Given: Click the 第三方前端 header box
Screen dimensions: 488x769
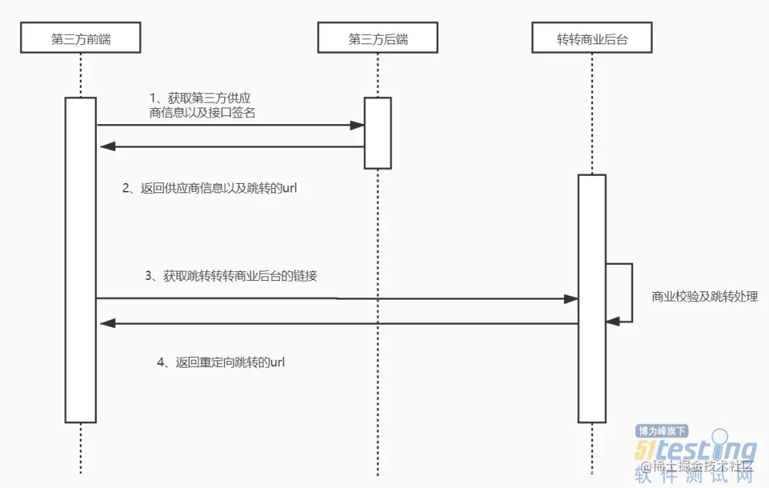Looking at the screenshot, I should pyautogui.click(x=80, y=38).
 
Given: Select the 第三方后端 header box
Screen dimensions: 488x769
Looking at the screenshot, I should pyautogui.click(x=377, y=38).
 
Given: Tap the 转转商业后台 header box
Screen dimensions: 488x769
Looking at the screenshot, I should pyautogui.click(x=592, y=38).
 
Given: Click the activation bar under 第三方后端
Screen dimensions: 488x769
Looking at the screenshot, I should pyautogui.click(x=377, y=133).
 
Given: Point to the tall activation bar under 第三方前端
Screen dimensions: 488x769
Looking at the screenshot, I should pyautogui.click(x=80, y=259).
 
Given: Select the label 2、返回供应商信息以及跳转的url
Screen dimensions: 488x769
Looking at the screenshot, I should pyautogui.click(x=209, y=188).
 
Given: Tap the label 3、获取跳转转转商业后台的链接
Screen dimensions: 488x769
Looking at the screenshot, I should pyautogui.click(x=231, y=276).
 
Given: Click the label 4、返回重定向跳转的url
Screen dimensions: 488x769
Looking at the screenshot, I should pyautogui.click(x=221, y=362).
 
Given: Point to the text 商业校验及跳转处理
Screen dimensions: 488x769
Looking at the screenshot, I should pyautogui.click(x=704, y=296).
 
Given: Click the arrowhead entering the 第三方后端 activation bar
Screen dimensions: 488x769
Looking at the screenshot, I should pyautogui.click(x=357, y=125).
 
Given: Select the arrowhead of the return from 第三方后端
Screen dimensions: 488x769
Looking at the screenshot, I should pyautogui.click(x=108, y=147).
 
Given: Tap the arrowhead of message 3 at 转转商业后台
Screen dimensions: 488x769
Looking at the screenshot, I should pyautogui.click(x=571, y=298).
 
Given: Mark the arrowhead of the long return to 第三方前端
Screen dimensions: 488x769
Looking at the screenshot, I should pyautogui.click(x=108, y=323).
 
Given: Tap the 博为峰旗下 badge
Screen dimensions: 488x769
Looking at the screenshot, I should pyautogui.click(x=661, y=430).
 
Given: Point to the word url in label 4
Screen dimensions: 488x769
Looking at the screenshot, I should pyautogui.click(x=277, y=362).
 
